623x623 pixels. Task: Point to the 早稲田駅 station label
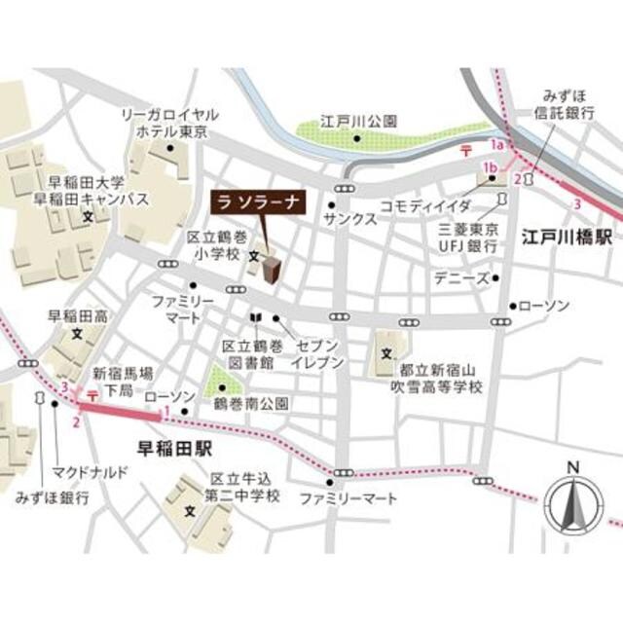(x=176, y=449)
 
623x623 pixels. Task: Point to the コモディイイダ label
(x=425, y=206)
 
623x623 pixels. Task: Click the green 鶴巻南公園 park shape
(x=231, y=381)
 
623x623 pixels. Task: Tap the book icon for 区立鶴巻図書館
(x=256, y=318)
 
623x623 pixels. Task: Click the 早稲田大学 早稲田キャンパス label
(x=86, y=190)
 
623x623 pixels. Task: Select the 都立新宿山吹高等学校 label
(x=440, y=379)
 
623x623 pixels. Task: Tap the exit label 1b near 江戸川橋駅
(x=489, y=170)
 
